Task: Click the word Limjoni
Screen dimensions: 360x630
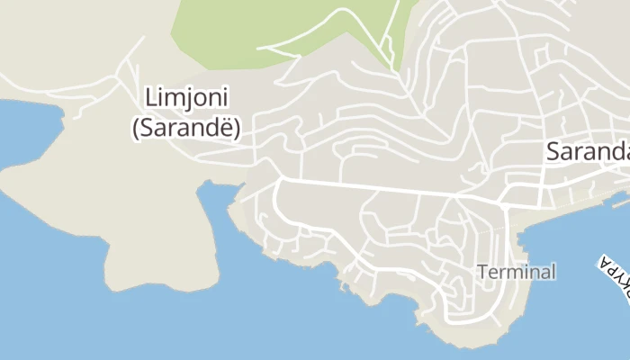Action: [186, 97]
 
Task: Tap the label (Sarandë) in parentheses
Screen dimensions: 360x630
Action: [186, 128]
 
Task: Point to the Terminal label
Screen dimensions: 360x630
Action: [517, 271]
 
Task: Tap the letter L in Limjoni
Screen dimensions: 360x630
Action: [150, 97]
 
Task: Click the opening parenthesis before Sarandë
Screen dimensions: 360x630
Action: [135, 129]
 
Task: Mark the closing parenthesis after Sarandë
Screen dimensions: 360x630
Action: [238, 129]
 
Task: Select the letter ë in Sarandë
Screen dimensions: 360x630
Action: [227, 128]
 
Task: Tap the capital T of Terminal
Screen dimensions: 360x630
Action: [482, 271]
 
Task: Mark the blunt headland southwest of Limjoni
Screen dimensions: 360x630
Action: [135, 270]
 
